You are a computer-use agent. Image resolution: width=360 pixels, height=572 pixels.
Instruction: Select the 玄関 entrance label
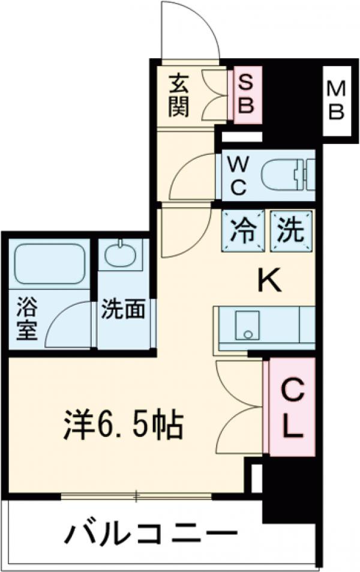[179, 95]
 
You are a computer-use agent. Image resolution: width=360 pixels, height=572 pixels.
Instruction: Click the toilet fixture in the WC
[288, 175]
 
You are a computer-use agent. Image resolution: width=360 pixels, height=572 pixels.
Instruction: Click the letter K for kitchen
[269, 280]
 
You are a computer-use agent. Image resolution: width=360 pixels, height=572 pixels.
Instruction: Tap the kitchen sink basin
[246, 326]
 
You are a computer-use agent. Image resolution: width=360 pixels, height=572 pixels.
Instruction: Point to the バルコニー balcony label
[150, 533]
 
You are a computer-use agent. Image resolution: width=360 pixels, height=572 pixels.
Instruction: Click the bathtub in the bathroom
[49, 264]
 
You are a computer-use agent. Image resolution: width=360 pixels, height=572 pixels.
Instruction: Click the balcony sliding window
[137, 496]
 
